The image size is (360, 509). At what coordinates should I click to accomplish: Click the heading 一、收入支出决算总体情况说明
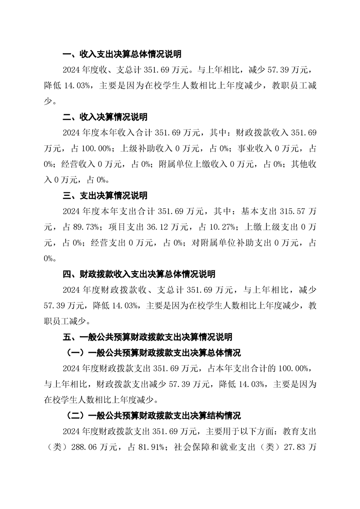pyautogui.click(x=122, y=54)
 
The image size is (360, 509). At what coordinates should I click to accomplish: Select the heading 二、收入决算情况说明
pyautogui.click(x=105, y=117)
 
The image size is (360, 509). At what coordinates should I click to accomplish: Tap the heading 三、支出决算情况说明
pyautogui.click(x=105, y=196)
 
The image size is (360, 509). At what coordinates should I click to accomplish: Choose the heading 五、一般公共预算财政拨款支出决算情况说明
pyautogui.click(x=147, y=337)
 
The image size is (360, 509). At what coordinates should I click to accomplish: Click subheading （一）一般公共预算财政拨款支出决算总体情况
pyautogui.click(x=151, y=353)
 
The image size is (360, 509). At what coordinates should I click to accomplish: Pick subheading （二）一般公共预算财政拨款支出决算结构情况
pyautogui.click(x=151, y=416)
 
